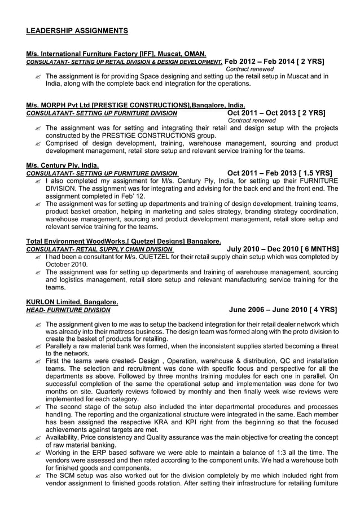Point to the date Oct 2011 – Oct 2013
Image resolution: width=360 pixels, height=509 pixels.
(x=257, y=112)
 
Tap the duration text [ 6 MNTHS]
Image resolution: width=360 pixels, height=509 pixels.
(x=319, y=249)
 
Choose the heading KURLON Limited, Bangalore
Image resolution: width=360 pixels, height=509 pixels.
(x=72, y=302)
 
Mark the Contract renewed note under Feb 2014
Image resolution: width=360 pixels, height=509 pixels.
(x=249, y=69)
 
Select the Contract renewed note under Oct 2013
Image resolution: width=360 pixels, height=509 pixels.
(x=252, y=120)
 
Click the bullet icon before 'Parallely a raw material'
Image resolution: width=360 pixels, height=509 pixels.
(x=37, y=345)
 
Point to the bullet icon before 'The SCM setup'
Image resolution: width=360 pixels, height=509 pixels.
(x=37, y=476)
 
